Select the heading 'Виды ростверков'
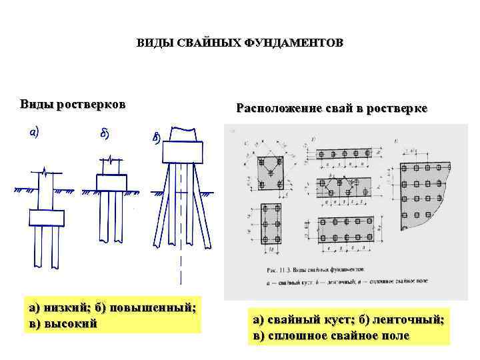point(73,104)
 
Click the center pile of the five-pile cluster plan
point(273,171)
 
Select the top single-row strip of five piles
point(343,154)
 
